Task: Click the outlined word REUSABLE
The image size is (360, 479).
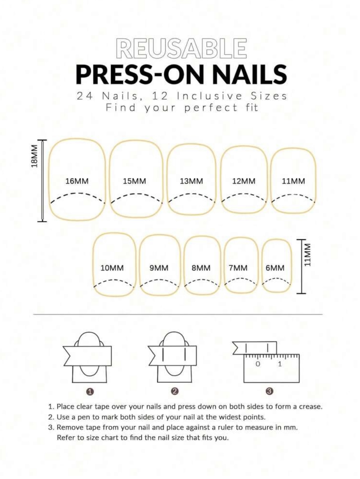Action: pos(181,48)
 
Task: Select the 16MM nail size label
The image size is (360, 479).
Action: pos(77,181)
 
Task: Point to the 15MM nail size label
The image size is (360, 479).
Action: pos(134,181)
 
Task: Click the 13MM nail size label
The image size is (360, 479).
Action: pos(191,181)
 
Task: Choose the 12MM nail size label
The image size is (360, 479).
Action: pos(244,181)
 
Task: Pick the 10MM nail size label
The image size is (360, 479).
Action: pos(112,268)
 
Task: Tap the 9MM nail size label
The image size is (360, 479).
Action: pos(159,268)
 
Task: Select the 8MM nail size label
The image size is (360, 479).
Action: pos(201,268)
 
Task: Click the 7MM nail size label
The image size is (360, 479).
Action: pos(238,268)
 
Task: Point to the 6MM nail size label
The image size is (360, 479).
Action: pos(275,268)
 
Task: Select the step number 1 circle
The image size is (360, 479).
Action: pos(90,392)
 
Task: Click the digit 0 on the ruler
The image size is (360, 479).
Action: pos(258,364)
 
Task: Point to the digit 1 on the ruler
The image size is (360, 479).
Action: pos(280,364)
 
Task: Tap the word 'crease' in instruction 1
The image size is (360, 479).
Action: pos(312,406)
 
